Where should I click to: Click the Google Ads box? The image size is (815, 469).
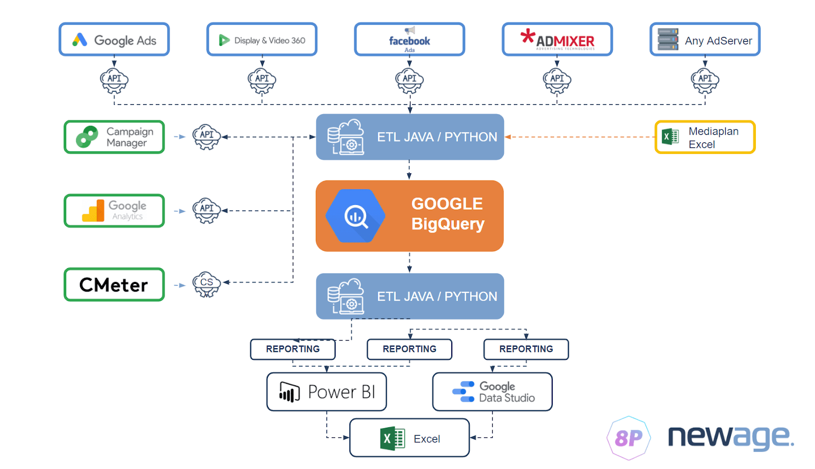[x=114, y=39]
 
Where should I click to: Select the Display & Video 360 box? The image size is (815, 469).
[x=262, y=39]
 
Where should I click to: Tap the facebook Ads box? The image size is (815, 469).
[x=410, y=39]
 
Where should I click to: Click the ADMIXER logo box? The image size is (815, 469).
[x=557, y=39]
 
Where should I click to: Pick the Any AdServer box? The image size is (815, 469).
[x=705, y=39]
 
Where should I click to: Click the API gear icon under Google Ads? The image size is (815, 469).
[x=114, y=80]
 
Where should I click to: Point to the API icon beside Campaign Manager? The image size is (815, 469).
[x=206, y=137]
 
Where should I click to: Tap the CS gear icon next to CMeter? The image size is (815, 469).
[x=206, y=284]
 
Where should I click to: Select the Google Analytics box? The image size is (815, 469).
[x=114, y=211]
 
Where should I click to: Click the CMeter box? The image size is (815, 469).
[x=114, y=284]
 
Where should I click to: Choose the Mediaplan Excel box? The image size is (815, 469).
[x=705, y=137]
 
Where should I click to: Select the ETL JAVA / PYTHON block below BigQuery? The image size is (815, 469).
[x=410, y=296]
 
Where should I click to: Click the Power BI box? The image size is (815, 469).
[x=327, y=392]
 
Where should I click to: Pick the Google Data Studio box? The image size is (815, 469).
[x=492, y=392]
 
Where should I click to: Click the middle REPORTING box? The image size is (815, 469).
[x=410, y=349]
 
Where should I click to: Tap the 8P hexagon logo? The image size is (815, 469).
[x=629, y=438]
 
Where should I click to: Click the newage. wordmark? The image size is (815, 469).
[x=730, y=437]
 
